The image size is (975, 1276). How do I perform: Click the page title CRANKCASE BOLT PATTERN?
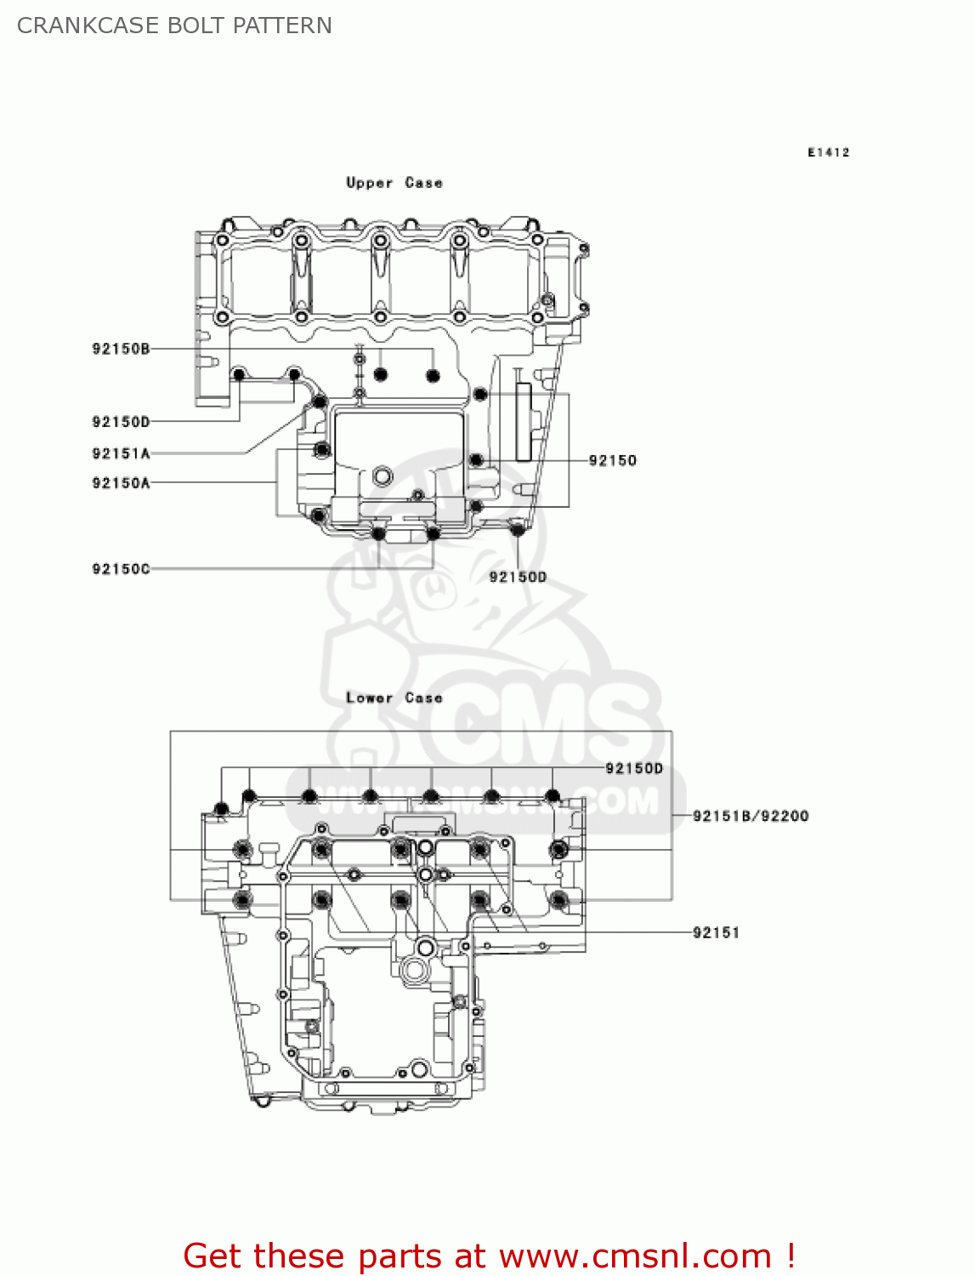[174, 26]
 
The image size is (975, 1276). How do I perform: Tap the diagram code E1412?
[828, 152]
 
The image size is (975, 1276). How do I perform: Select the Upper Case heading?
[394, 183]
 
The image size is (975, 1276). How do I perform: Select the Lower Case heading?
[394, 698]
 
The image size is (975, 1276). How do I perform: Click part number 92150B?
[121, 349]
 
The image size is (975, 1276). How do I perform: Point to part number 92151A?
[121, 453]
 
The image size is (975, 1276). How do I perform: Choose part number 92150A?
[121, 483]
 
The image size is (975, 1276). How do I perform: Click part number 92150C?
[121, 568]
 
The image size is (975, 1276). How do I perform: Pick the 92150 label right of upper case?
[612, 460]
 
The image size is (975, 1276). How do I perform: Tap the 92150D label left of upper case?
[121, 422]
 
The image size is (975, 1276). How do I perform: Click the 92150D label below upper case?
[518, 577]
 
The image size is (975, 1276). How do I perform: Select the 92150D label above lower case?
[633, 768]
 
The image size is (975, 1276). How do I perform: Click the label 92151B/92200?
[750, 816]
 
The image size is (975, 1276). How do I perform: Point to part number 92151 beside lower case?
[716, 932]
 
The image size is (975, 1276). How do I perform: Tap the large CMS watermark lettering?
[544, 723]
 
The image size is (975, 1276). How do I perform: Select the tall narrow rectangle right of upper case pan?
[524, 421]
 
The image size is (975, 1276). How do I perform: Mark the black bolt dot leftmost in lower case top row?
[221, 808]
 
